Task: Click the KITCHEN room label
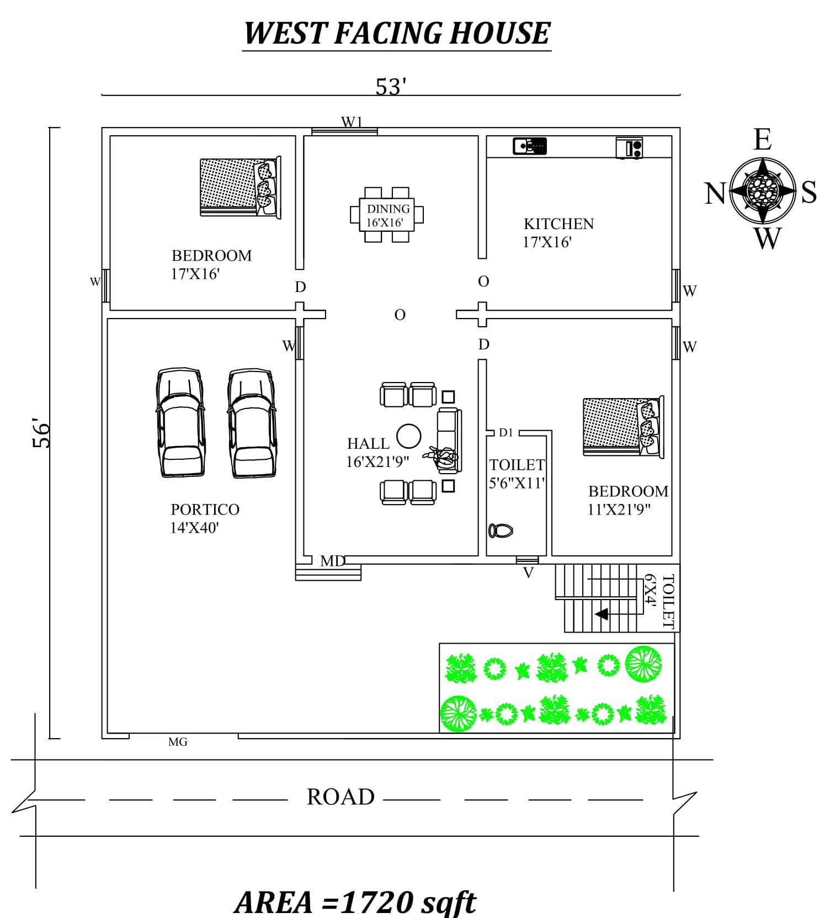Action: pyautogui.click(x=558, y=224)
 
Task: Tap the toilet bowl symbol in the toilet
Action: pyautogui.click(x=501, y=530)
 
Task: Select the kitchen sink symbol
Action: pyautogui.click(x=529, y=146)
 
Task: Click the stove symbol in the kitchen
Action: pyautogui.click(x=629, y=148)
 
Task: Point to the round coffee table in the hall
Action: pyautogui.click(x=409, y=436)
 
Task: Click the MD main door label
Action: pyautogui.click(x=333, y=561)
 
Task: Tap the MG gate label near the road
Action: pyautogui.click(x=178, y=742)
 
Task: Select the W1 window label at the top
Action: pyautogui.click(x=352, y=122)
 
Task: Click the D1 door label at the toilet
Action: pyautogui.click(x=506, y=433)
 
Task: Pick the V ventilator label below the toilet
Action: pyautogui.click(x=528, y=574)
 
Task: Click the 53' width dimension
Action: pyautogui.click(x=391, y=87)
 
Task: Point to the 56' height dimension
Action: pyautogui.click(x=41, y=433)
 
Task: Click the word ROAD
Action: pyautogui.click(x=340, y=797)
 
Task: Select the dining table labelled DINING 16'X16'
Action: pyautogui.click(x=387, y=215)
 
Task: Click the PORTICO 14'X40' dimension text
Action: pyautogui.click(x=194, y=528)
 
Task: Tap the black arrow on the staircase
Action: pyautogui.click(x=602, y=614)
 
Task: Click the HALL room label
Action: pyautogui.click(x=368, y=443)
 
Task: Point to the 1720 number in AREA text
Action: pyautogui.click(x=377, y=902)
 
